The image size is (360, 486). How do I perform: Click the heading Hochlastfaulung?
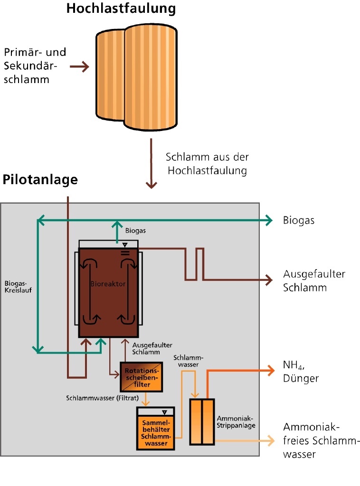click(121, 9)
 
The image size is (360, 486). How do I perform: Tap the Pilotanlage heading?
click(40, 180)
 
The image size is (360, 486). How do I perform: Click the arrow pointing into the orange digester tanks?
click(80, 67)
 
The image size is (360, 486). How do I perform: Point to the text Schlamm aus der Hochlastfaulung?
click(207, 164)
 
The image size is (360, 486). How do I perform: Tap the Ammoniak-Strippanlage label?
click(236, 422)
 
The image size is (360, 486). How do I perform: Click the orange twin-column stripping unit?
click(202, 421)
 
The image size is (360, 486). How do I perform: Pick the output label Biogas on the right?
click(299, 220)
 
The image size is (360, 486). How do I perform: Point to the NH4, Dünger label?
click(301, 372)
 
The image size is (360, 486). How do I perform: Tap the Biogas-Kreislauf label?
click(17, 285)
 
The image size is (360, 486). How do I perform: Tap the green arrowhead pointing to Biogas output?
click(269, 219)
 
